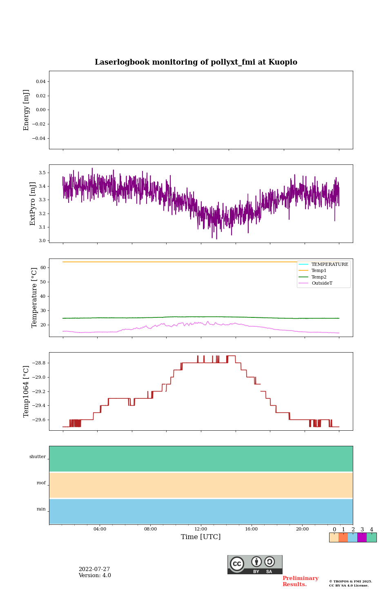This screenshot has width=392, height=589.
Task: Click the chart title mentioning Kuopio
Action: [196, 62]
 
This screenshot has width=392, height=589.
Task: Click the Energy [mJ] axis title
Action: [27, 110]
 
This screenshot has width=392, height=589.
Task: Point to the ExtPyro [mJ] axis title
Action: [33, 204]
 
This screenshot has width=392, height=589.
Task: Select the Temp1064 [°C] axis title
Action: [27, 391]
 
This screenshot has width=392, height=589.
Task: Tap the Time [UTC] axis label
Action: [200, 537]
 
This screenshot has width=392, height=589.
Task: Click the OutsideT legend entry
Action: [322, 283]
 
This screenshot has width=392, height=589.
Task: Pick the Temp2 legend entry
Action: [319, 277]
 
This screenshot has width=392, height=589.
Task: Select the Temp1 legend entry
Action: [319, 271]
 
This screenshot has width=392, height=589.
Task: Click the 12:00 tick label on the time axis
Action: [201, 529]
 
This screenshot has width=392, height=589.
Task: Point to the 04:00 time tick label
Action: [100, 529]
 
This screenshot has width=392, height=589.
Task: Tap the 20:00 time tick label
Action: [302, 529]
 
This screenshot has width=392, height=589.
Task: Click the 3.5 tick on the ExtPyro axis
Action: [42, 173]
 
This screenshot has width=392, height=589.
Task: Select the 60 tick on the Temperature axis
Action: [42, 268]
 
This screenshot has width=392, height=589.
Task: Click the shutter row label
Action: [38, 457]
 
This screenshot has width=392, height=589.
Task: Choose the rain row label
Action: [41, 509]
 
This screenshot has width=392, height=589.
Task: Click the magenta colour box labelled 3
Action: [362, 537]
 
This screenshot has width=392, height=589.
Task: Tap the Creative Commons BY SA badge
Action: [255, 564]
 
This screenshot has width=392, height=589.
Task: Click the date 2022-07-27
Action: [94, 569]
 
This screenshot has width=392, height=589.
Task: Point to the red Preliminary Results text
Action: [300, 581]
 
